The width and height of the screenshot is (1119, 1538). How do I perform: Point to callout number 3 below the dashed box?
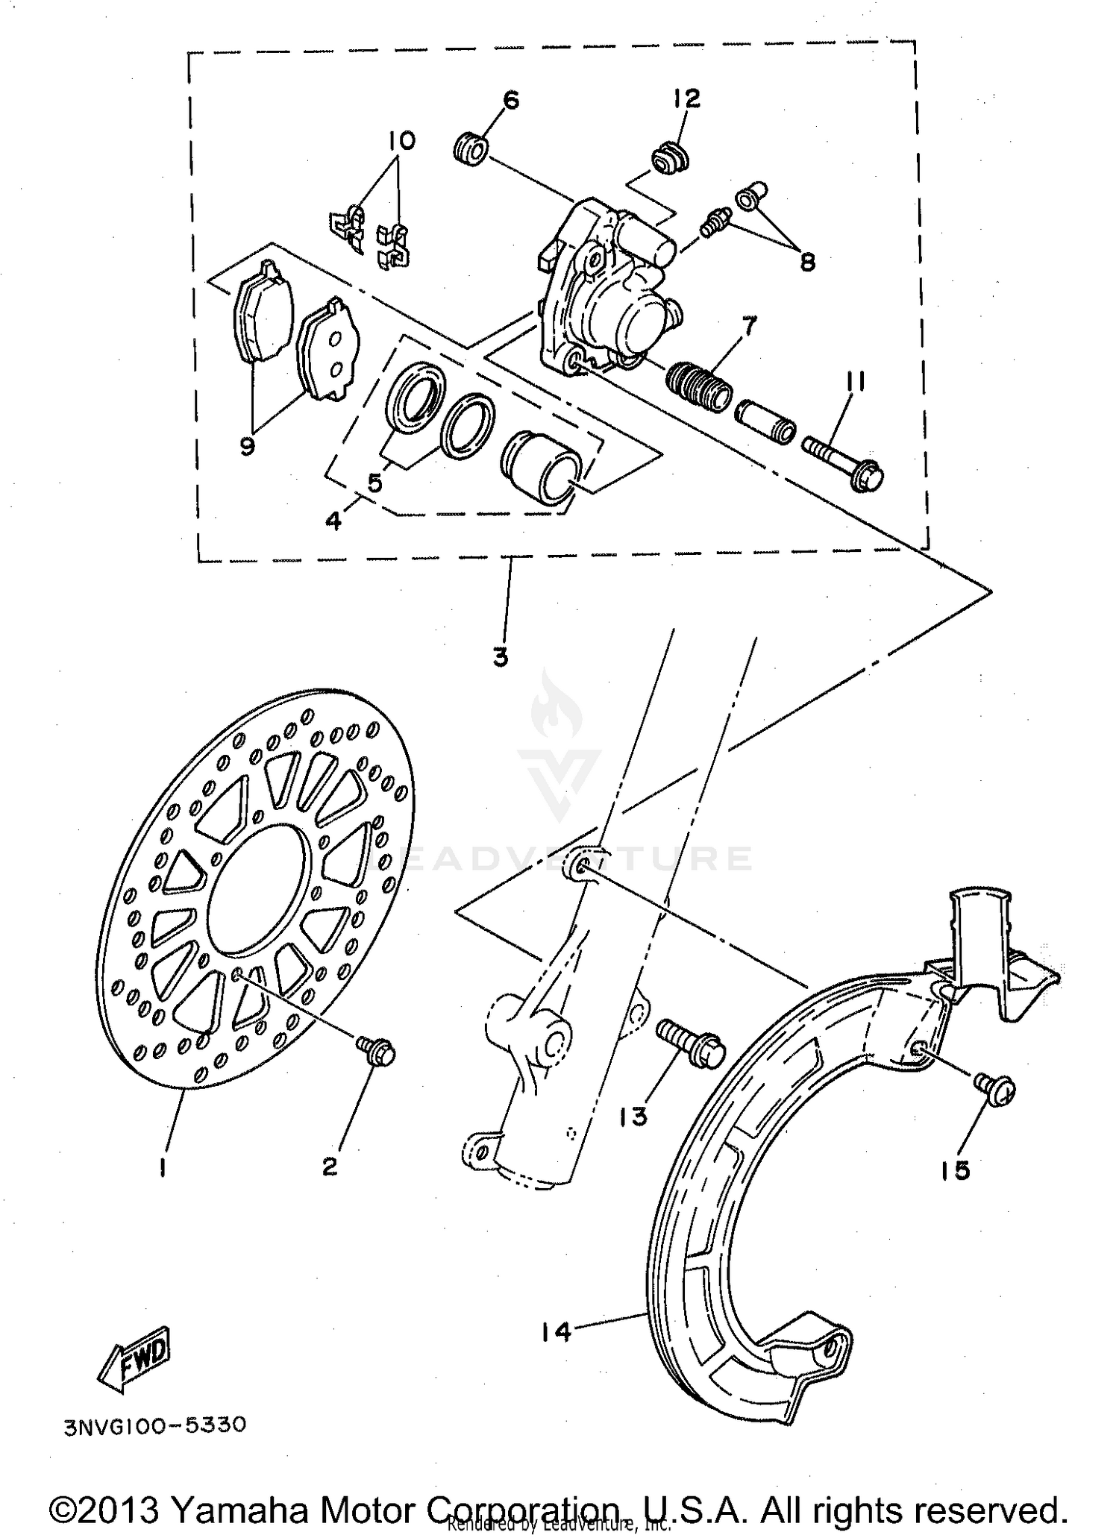pos(500,656)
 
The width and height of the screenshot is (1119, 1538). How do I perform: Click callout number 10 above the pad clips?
pos(402,140)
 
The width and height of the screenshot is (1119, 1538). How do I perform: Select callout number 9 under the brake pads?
pos(247,445)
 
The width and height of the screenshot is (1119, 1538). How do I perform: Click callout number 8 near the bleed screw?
pos(806,261)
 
